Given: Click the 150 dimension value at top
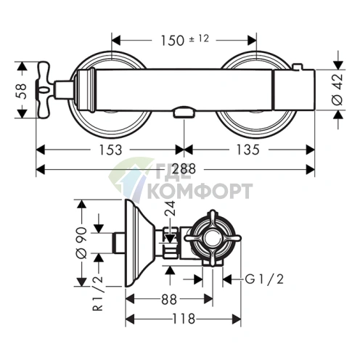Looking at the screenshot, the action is pos(172,41).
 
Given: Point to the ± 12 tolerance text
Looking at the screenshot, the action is pos(199,38).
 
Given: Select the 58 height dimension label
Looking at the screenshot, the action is pos(21,91).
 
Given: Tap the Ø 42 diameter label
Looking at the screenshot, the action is pos(337,90).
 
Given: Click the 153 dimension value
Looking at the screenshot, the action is pos(110,150).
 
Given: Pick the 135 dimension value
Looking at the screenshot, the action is pos(247,150).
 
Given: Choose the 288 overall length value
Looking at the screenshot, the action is pos(184,169).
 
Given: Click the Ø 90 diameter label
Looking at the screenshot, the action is pos(81,242).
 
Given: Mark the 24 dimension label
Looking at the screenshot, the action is pos(170,208).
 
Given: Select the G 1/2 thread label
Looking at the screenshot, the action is pos(264,279).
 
